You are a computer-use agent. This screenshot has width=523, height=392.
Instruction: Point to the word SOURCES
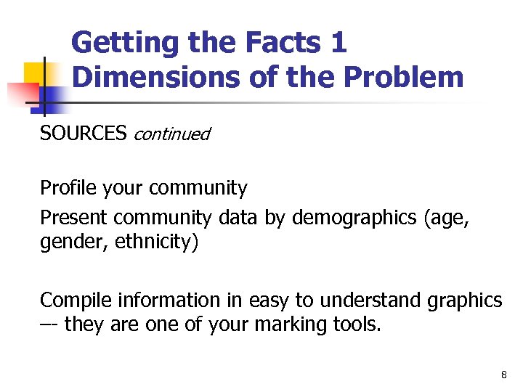[83, 134]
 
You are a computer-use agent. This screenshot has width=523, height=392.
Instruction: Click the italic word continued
[171, 134]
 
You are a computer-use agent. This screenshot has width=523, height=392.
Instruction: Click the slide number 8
[503, 375]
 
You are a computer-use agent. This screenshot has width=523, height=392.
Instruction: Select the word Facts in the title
[277, 43]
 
